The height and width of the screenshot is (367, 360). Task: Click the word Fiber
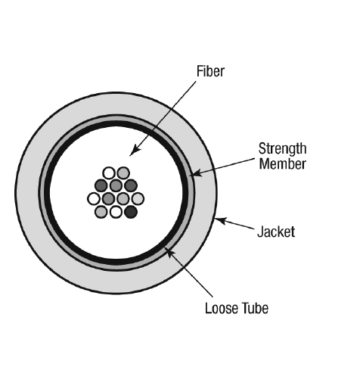210,71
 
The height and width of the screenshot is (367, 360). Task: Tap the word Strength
282,149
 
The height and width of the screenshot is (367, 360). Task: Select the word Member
282,164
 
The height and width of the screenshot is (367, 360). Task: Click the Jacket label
276,232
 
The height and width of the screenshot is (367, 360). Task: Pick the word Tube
255,308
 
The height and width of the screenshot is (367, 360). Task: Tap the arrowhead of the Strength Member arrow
195,173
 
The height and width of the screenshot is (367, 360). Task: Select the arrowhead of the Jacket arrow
221,221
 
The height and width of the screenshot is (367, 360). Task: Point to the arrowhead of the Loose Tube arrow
168,252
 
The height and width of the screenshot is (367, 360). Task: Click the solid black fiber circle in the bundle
131,212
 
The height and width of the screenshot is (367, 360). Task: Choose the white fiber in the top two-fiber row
109,173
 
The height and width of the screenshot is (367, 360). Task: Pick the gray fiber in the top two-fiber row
123,173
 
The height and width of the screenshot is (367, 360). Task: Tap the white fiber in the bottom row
116,212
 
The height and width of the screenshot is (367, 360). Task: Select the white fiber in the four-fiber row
94,199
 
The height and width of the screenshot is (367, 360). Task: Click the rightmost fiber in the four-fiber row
138,199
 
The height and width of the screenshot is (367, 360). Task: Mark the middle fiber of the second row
116,185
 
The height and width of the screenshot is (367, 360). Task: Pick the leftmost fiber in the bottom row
101,212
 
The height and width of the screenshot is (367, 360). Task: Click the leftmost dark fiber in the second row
101,185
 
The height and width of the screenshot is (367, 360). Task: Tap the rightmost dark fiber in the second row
131,185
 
